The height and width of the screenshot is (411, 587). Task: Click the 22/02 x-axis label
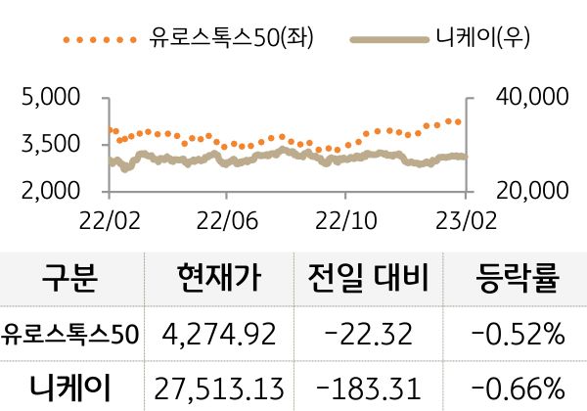pos(108,215)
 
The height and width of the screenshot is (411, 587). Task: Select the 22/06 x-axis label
pos(226,215)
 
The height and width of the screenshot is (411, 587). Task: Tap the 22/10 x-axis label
pos(344,215)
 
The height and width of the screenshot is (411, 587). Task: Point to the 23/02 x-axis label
pos(463,215)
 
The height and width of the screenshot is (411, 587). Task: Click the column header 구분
pos(70,280)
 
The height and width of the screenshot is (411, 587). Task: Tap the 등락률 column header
pos(517,280)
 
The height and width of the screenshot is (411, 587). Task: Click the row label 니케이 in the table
pos(70,385)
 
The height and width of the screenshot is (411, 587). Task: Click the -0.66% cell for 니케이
pos(517,386)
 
